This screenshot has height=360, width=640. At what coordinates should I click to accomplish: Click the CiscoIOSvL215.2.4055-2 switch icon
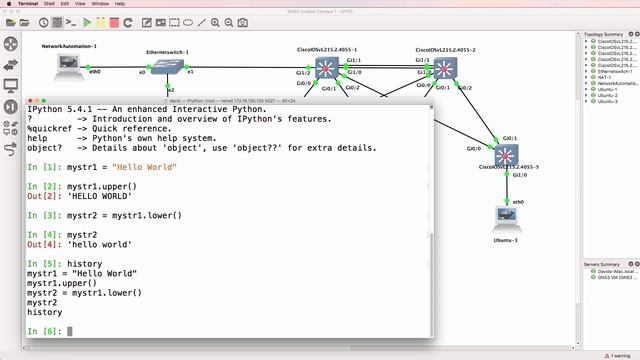[x=444, y=68]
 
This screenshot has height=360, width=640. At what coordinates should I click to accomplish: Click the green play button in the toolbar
[x=87, y=22]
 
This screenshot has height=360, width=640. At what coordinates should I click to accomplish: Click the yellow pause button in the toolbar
[x=103, y=22]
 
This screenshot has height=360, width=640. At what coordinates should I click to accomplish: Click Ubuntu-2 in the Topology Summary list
[x=608, y=95]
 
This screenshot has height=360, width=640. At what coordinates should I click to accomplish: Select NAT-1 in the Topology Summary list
[x=605, y=77]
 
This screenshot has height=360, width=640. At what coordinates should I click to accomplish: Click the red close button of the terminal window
[x=32, y=101]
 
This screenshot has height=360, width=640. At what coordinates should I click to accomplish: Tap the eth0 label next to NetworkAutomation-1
[x=96, y=72]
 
